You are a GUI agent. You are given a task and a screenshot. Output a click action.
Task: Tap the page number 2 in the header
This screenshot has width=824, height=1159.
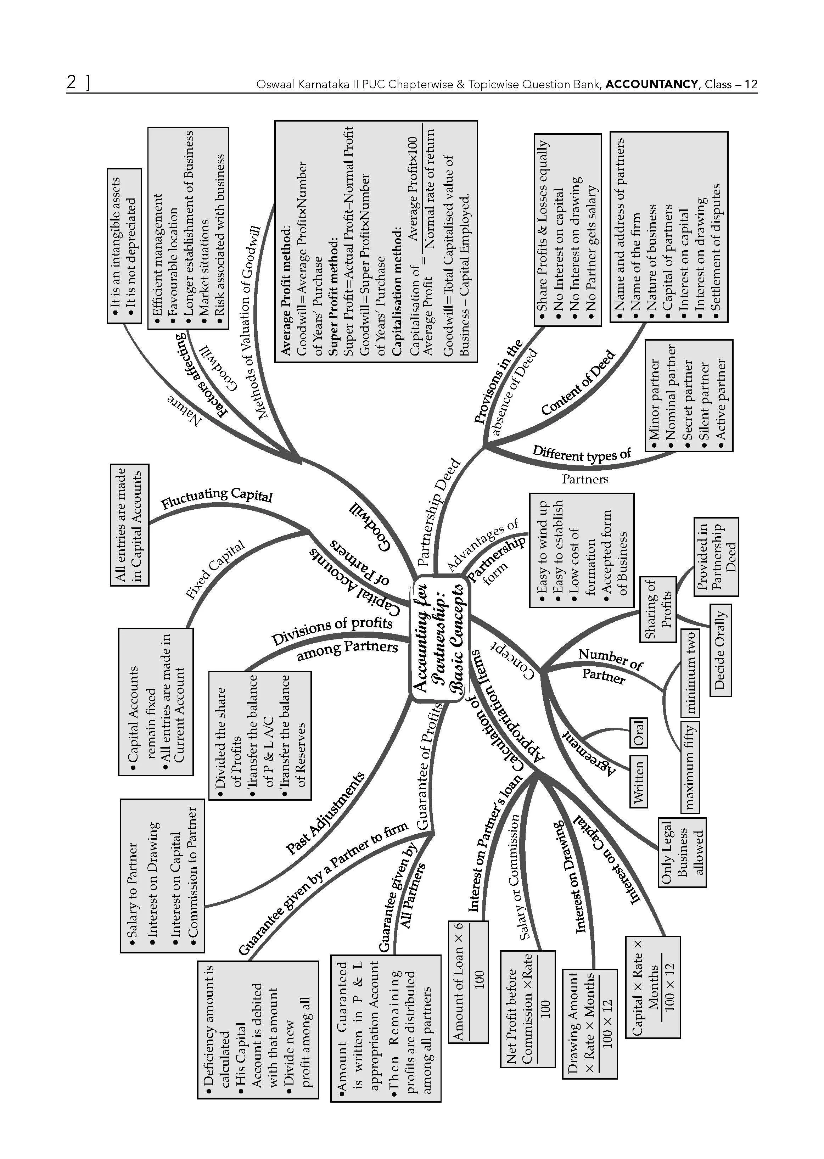click(72, 82)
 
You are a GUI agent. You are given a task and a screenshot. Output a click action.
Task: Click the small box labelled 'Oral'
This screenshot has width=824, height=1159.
click(638, 732)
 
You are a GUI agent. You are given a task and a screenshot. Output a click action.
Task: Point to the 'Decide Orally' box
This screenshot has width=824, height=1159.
click(720, 650)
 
